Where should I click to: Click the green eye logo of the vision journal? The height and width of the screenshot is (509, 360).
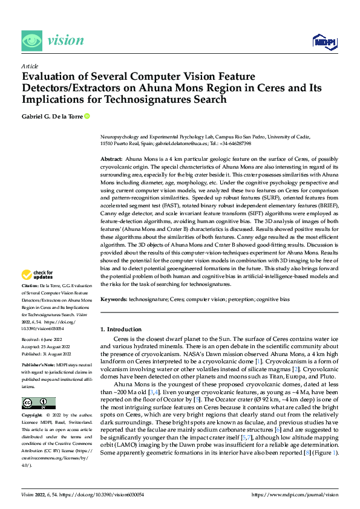click(x=32, y=41)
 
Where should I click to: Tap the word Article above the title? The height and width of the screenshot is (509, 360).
click(x=30, y=66)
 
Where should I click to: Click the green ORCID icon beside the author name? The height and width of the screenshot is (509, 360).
click(x=87, y=116)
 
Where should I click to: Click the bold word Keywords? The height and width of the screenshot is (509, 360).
click(x=113, y=299)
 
